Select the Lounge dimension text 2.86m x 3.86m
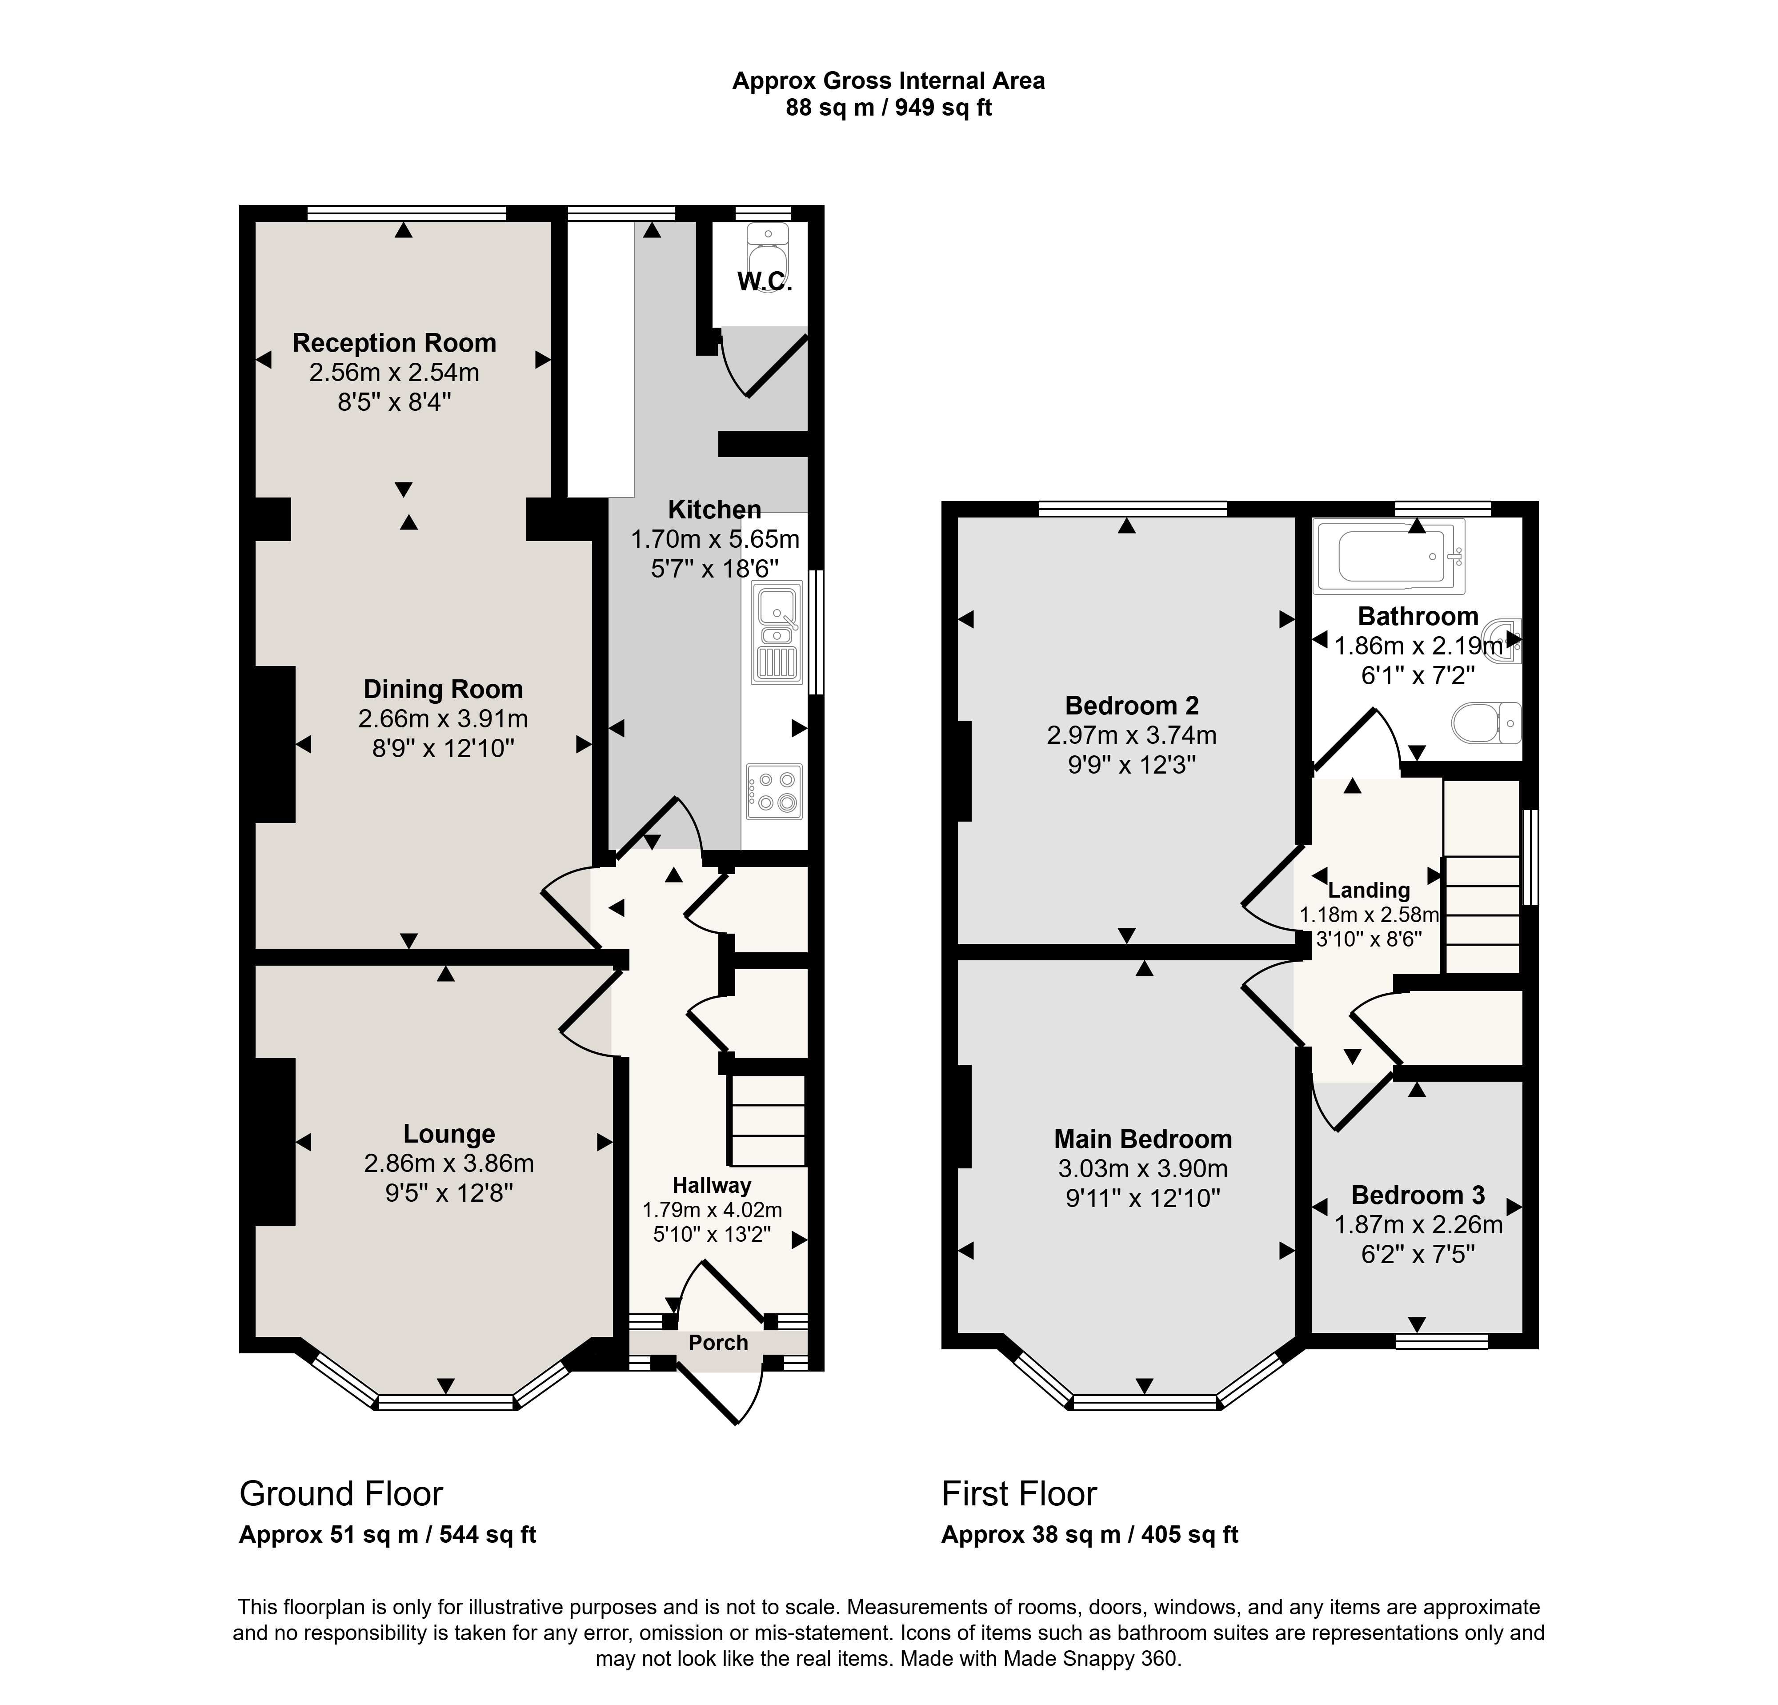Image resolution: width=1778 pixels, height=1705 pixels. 449,1163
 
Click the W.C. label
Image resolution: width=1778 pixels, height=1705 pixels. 765,282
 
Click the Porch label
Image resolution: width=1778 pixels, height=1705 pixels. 718,1343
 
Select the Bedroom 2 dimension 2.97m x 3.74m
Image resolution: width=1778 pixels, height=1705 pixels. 1132,735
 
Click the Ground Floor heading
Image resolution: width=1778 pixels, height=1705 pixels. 341,1493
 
